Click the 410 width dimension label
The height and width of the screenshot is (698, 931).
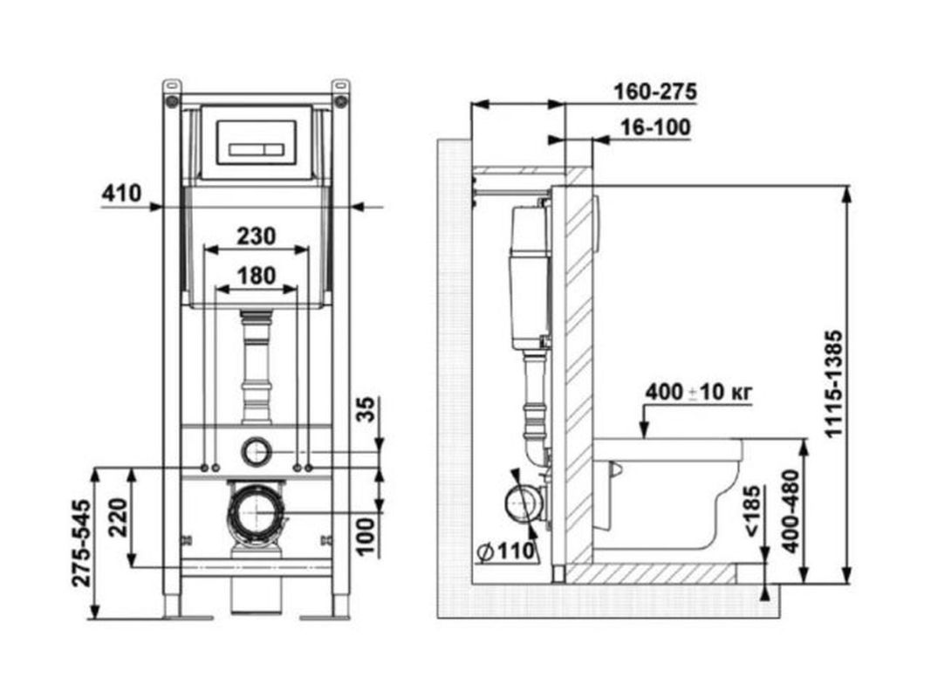121,194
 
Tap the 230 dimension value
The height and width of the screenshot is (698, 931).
257,236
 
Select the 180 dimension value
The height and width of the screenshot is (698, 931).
257,276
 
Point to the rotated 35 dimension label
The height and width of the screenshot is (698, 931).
369,409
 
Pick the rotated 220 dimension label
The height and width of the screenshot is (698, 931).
118,517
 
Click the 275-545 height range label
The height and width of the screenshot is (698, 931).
82,544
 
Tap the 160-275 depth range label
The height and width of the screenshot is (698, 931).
655,92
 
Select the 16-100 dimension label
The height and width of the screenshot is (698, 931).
655,127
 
